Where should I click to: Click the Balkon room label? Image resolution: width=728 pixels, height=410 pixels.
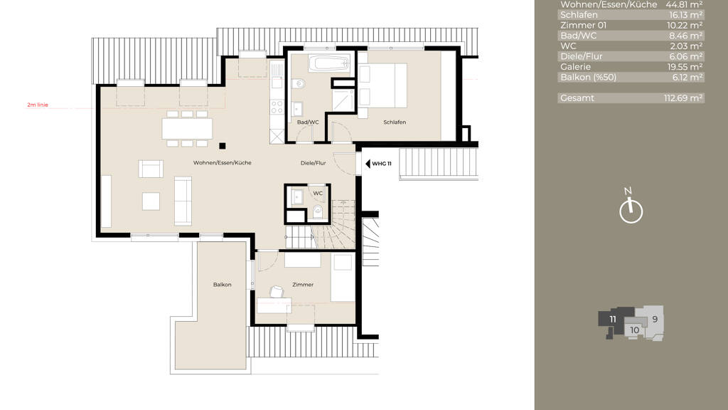[222, 285]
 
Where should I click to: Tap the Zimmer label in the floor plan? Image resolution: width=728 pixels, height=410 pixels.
[303, 285]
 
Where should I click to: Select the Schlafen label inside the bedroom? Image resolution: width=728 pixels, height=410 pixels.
[395, 122]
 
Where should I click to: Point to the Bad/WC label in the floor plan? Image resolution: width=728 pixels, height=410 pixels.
[308, 122]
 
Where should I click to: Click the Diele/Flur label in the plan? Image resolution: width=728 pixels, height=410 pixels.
[313, 163]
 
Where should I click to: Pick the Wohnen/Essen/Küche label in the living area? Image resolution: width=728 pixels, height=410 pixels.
[223, 163]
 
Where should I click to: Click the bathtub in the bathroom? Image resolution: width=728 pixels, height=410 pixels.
[328, 63]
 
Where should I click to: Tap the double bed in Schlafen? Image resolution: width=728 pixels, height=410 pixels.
[382, 86]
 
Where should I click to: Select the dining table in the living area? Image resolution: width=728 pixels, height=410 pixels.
[187, 129]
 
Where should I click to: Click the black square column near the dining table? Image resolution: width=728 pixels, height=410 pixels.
[223, 146]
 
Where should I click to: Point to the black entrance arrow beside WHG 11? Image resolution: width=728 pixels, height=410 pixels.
[368, 164]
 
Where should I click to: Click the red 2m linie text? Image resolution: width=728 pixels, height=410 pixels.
[38, 105]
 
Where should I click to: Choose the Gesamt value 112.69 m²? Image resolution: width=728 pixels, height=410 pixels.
[683, 98]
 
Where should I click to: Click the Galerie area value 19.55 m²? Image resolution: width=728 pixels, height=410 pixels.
[685, 67]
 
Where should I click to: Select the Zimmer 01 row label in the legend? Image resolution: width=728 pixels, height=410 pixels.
[583, 26]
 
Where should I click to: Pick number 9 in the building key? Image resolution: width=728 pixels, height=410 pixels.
[655, 320]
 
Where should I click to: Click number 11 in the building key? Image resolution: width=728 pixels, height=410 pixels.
[613, 320]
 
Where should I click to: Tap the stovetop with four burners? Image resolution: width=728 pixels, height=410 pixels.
[277, 107]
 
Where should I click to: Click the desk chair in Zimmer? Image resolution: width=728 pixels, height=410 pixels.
[277, 291]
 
